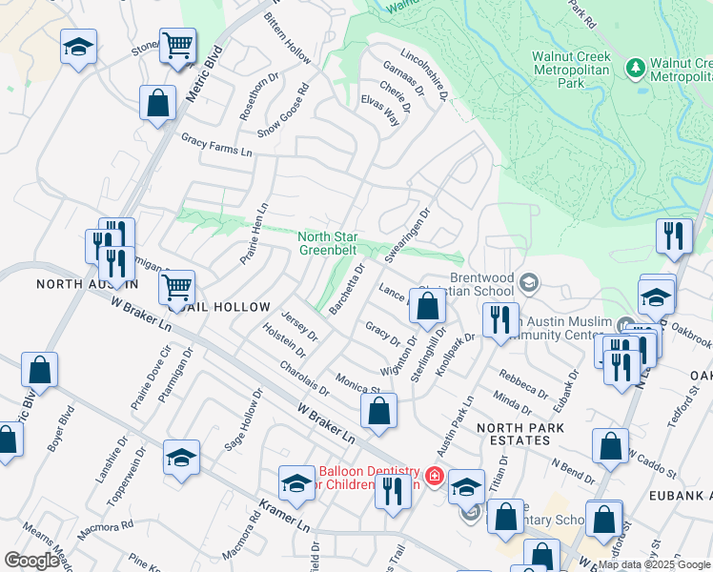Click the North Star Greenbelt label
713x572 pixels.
329,244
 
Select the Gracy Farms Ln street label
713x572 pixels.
217,146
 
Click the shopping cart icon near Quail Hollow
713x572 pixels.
176,286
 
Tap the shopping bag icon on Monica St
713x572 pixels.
378,411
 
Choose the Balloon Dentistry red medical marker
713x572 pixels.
435,475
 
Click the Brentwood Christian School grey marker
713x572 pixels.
529,283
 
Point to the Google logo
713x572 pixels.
31,561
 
